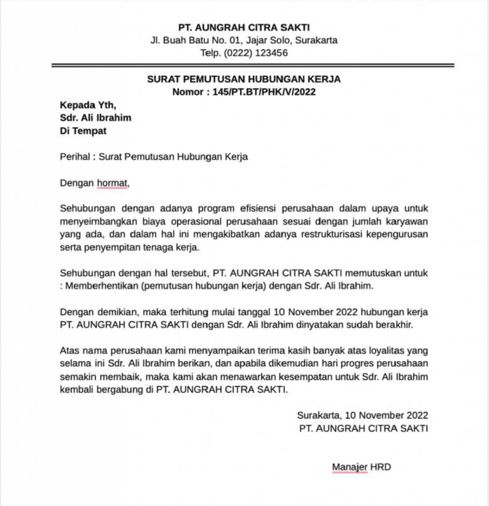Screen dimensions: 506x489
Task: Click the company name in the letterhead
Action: coord(244,27)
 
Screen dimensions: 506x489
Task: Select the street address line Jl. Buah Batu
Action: coord(244,40)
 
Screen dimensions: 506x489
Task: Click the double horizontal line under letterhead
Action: coord(253,65)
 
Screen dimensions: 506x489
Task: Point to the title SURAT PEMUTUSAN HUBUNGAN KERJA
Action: coord(244,79)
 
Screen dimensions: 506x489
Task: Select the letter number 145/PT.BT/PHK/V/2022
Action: coord(262,92)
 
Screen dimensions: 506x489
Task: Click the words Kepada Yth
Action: coord(89,105)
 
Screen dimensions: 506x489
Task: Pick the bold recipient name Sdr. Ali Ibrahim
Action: coord(96,118)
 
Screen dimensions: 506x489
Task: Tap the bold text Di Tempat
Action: coord(83,131)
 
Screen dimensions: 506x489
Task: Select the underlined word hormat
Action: coord(112,183)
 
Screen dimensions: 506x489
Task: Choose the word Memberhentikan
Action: coord(103,286)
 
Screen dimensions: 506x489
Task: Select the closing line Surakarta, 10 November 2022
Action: coord(362,415)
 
